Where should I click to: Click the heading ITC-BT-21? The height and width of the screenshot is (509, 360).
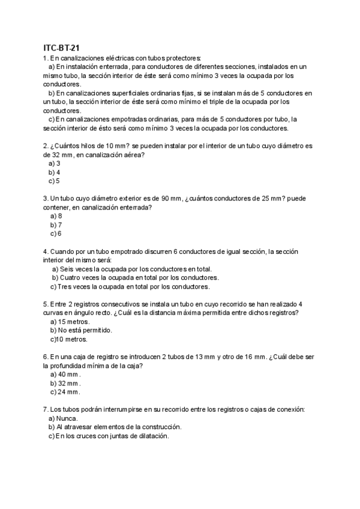tap(62, 47)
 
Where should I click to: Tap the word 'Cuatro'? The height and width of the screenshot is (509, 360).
tap(70, 278)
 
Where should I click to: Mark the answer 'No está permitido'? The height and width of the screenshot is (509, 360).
tap(85, 330)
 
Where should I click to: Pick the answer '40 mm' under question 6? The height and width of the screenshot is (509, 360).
tap(68, 374)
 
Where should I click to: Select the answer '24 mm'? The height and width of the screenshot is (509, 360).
tap(68, 391)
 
